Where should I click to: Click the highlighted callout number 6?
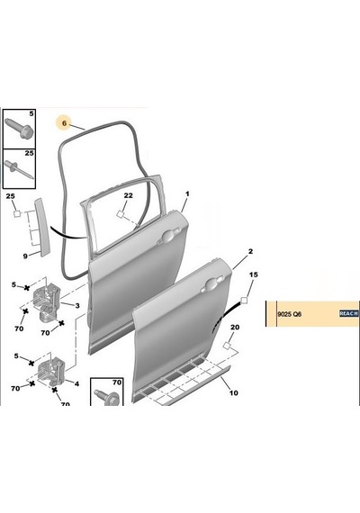pyautogui.click(x=64, y=123)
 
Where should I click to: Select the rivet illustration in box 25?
pyautogui.click(x=19, y=170)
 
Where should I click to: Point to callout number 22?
pyautogui.click(x=129, y=195)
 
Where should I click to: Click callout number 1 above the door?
pyautogui.click(x=187, y=194)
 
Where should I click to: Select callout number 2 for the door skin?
pyautogui.click(x=250, y=252)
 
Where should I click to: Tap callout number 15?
pyautogui.click(x=254, y=274)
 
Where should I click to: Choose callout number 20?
pyautogui.click(x=235, y=328)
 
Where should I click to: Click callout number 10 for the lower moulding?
pyautogui.click(x=233, y=392)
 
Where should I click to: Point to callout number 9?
pyautogui.click(x=25, y=256)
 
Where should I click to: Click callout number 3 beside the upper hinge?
pyautogui.click(x=77, y=306)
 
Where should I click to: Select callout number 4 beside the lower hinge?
pyautogui.click(x=76, y=383)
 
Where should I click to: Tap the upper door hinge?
pyautogui.click(x=47, y=301)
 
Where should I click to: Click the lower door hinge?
pyautogui.click(x=52, y=371)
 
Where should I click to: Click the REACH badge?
pyautogui.click(x=348, y=313)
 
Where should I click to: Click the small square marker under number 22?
pyautogui.click(x=120, y=214)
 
